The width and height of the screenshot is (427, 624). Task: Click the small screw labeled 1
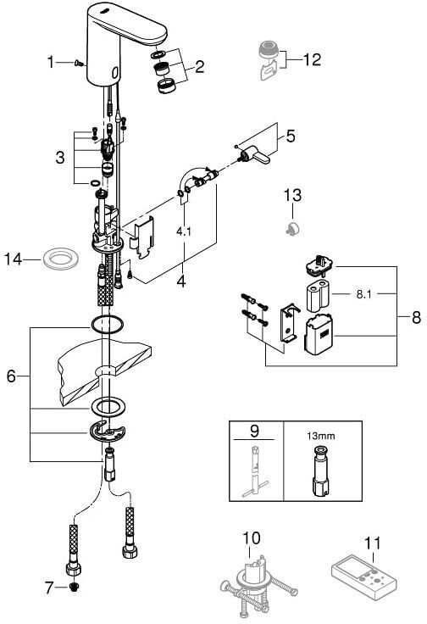click(x=79, y=63)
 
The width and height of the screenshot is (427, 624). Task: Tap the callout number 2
click(x=199, y=66)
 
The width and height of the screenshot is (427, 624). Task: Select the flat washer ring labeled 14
click(x=60, y=259)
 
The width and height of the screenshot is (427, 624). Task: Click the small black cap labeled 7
click(x=74, y=588)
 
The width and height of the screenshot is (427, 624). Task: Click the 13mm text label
click(x=320, y=436)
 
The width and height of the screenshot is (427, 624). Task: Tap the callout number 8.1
click(x=363, y=294)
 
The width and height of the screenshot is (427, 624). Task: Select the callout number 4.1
click(x=184, y=231)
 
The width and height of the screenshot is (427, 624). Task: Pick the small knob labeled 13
click(x=292, y=228)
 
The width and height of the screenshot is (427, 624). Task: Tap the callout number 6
click(x=11, y=376)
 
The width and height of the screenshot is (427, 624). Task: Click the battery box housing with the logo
click(x=319, y=334)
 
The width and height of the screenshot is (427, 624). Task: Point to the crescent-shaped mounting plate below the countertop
click(x=108, y=431)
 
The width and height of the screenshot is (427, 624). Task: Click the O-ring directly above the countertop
click(x=108, y=325)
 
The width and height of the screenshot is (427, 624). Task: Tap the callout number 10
click(x=252, y=538)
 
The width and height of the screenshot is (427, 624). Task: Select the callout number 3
click(x=60, y=158)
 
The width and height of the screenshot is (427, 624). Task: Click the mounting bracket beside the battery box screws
click(x=289, y=323)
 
